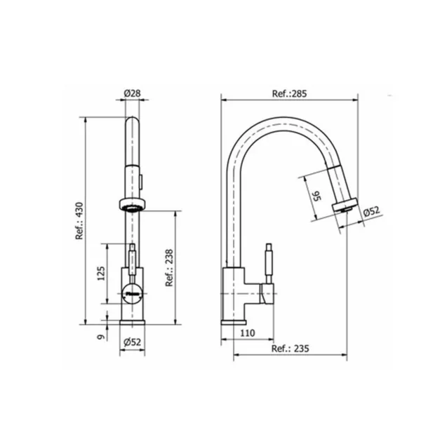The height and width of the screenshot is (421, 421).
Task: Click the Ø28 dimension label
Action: point(132,93)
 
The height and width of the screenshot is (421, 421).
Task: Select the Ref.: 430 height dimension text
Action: point(79,221)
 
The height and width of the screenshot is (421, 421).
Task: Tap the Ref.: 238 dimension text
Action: point(169,268)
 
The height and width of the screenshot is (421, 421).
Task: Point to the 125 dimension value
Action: point(101,274)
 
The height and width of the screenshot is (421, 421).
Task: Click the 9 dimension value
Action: point(101,337)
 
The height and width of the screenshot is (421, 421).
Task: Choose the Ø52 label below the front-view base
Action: point(132,342)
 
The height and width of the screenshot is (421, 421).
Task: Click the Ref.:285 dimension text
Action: point(289,93)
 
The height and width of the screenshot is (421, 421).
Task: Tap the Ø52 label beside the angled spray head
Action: point(372,210)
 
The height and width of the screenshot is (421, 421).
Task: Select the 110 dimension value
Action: point(247,333)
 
